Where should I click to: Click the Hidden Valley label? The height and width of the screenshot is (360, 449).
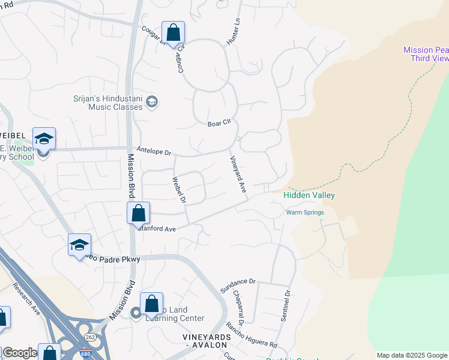[x=309, y=196]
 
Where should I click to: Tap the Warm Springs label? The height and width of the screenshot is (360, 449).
[x=305, y=212]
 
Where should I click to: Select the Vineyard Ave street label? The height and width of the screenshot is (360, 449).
[x=238, y=174]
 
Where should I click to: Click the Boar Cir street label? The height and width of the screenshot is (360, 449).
[x=219, y=123]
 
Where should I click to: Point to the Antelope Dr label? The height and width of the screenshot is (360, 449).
[x=154, y=152]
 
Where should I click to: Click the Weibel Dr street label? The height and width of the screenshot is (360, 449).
[x=179, y=189]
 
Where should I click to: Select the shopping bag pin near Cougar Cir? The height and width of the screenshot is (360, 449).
[x=173, y=34]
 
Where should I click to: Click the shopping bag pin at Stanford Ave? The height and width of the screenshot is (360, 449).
[x=138, y=213]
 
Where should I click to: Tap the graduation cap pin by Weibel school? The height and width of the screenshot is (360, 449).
[x=44, y=139]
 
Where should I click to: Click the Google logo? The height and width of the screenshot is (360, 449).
[x=20, y=353]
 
